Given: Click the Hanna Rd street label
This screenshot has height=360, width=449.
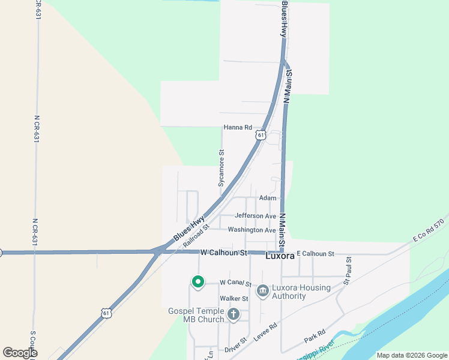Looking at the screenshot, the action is click(x=238, y=127).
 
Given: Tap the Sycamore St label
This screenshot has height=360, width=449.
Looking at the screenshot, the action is click(x=221, y=168).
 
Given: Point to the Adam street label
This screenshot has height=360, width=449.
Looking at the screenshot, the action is click(x=268, y=198).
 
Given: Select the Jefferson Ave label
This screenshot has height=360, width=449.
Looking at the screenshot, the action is click(x=255, y=216).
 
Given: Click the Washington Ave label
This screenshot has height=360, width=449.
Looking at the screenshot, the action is click(x=252, y=230).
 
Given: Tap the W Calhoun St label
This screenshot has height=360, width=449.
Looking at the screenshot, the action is click(x=224, y=253).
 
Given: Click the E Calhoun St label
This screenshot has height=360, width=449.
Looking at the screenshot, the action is click(x=315, y=254).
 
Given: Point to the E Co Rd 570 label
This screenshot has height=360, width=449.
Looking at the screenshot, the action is click(x=428, y=230).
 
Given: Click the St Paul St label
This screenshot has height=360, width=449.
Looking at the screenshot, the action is click(x=347, y=270).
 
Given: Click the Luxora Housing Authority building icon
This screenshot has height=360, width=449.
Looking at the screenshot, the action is click(x=262, y=291).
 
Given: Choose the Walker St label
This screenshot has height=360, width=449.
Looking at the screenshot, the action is click(x=234, y=298).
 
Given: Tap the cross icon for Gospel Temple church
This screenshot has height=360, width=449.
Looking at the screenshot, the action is click(x=233, y=314).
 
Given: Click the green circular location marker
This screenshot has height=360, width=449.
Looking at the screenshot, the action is click(x=197, y=281).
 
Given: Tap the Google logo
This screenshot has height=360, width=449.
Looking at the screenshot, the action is click(x=20, y=353).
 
